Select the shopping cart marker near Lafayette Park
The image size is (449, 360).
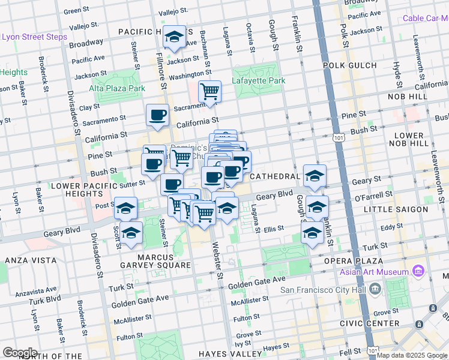click(209, 92)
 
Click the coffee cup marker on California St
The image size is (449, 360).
click(158, 115)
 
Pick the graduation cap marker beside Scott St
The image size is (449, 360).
click(130, 233)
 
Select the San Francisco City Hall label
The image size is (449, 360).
click(324, 290)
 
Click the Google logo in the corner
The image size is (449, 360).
click(20, 352)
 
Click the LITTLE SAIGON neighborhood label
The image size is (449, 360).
click(396, 209)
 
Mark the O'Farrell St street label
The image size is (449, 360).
click(373, 196)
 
